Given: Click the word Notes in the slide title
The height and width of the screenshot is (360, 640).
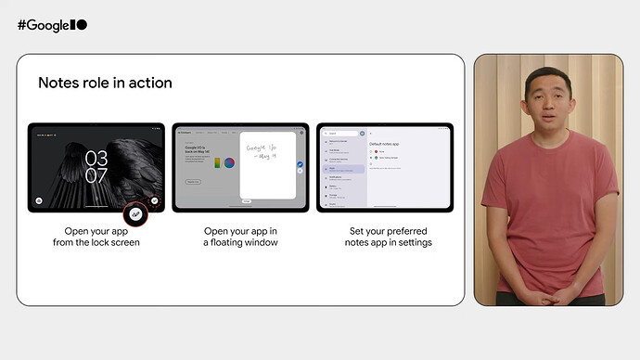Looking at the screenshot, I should [x=58, y=83].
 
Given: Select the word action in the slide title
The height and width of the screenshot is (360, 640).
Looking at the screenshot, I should [x=150, y=83].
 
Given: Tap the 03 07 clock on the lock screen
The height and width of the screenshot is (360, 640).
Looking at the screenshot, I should [x=96, y=165].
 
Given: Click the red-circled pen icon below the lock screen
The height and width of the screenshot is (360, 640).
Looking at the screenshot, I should [x=136, y=212].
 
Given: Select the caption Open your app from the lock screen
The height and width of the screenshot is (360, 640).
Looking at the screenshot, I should [x=96, y=237].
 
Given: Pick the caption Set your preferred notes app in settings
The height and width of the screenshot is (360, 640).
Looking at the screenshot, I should [x=385, y=237].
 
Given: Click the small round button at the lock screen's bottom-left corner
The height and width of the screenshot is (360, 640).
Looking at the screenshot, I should [x=38, y=199].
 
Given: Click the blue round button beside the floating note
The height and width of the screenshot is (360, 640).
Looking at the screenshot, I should [x=300, y=165].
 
